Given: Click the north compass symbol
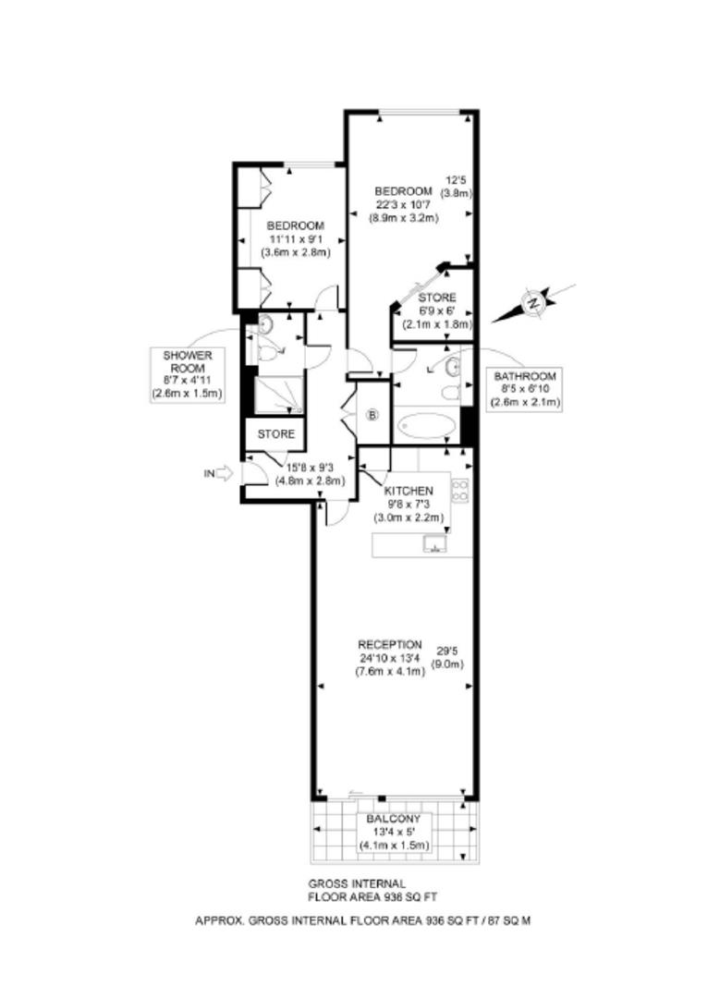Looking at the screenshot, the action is pos(533,303).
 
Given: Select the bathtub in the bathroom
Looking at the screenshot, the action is pos(424,425).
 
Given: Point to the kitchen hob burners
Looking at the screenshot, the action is pos(459,490).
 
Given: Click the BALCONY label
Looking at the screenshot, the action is pos(394,819).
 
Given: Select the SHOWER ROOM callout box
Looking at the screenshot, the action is pos(187,375).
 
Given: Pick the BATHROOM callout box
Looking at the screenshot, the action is pos(525,389).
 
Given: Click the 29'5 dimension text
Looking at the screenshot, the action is pos(446,651).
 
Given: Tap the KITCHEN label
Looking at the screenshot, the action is pos(409,491).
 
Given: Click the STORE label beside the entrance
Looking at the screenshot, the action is pos(276,434).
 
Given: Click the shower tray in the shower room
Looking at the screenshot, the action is pos(279,396).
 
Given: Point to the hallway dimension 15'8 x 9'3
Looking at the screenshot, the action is pos(310,469).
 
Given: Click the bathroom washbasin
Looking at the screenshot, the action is pos(453,367).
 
